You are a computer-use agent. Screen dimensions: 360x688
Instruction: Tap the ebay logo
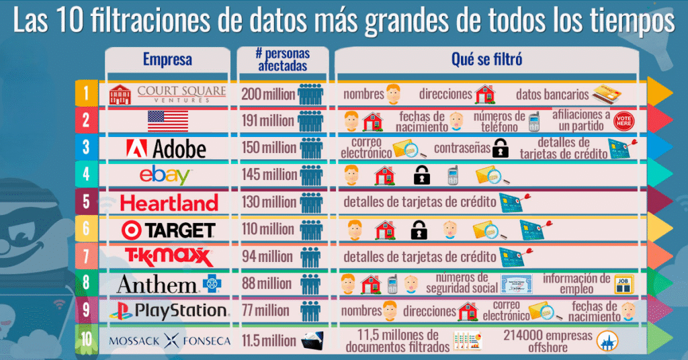[166, 176]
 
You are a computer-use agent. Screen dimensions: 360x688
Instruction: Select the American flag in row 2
[167, 121]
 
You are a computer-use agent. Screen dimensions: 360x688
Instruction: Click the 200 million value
[268, 94]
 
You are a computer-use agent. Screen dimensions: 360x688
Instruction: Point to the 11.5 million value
[269, 341]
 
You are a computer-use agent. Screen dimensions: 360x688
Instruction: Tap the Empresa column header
[167, 59]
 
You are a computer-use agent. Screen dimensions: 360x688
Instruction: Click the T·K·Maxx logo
[169, 257]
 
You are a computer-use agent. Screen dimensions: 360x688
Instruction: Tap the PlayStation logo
[169, 311]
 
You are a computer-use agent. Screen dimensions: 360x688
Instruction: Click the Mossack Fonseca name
[169, 341]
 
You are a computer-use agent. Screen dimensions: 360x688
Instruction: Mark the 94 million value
[267, 257]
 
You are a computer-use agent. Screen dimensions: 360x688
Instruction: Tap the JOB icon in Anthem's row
[622, 283]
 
